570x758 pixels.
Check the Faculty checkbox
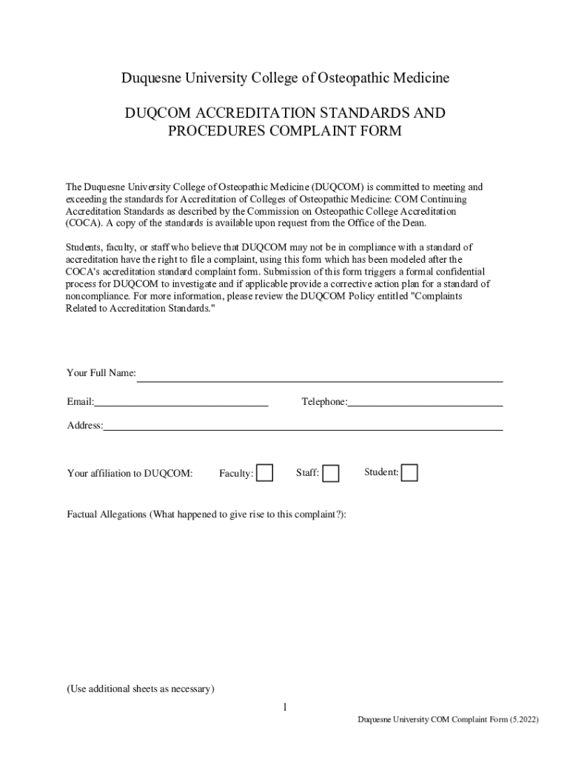click(x=264, y=472)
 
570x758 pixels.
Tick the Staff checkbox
click(x=331, y=473)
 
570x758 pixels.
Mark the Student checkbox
click(x=409, y=472)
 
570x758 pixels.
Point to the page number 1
click(x=284, y=708)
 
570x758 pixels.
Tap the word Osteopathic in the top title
click(x=359, y=78)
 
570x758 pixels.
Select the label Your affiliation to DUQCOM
click(x=130, y=474)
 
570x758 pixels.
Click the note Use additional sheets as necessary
click(x=141, y=689)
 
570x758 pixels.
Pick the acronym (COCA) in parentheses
click(x=84, y=223)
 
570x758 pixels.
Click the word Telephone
click(x=323, y=402)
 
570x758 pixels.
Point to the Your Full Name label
click(x=101, y=373)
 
